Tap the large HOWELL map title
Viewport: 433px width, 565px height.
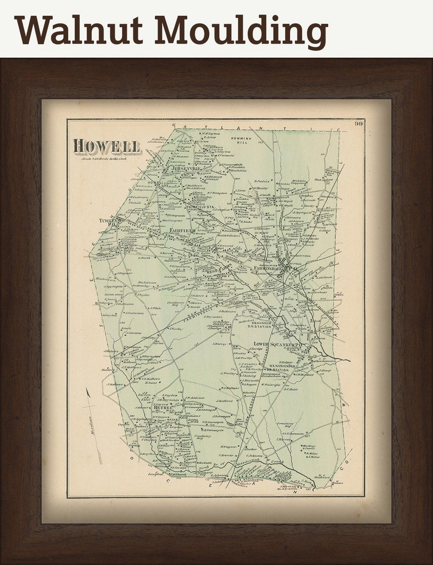pos(107,146)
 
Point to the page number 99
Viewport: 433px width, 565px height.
pos(358,124)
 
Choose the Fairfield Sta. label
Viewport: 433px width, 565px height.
pos(199,207)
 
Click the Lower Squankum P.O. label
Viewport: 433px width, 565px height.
pos(278,344)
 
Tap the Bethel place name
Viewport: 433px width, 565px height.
pos(163,407)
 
